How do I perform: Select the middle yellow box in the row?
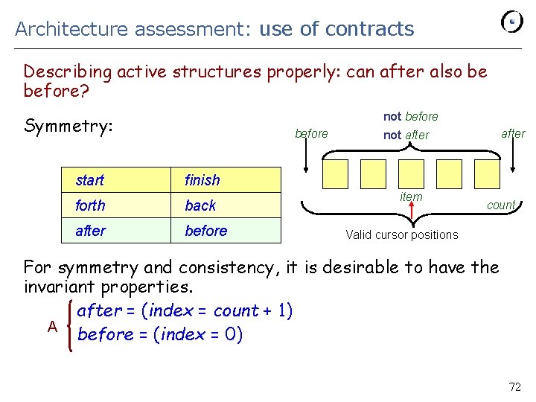(411, 173)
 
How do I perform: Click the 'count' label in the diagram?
(501, 205)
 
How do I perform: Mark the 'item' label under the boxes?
(411, 197)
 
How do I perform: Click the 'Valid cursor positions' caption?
(402, 234)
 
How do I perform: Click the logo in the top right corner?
(511, 22)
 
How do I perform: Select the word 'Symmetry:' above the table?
(68, 126)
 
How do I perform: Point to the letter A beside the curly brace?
(52, 326)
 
